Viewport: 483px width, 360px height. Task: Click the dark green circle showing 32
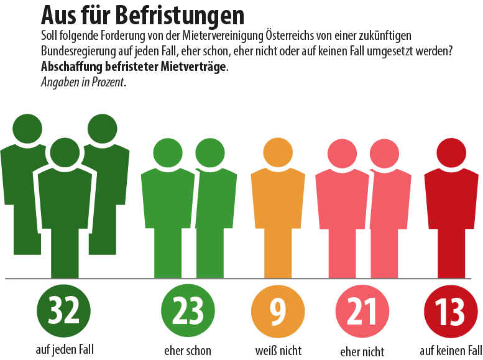point(64,311)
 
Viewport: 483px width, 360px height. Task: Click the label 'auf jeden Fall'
point(64,348)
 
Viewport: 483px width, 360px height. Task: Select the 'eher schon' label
point(187,351)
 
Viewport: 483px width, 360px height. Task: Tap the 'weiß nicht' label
point(278,351)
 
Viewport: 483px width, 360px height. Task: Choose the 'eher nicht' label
point(362,351)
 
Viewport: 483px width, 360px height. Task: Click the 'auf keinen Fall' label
point(451,349)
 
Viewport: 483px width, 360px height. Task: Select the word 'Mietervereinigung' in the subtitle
point(218,36)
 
